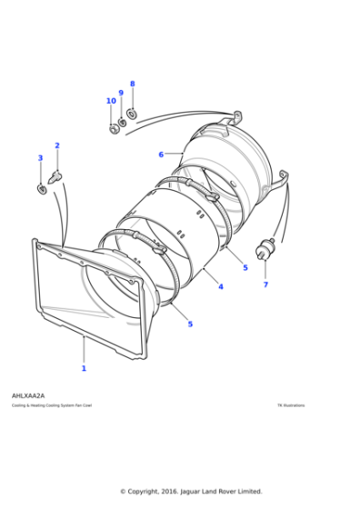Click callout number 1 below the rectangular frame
click(x=84, y=368)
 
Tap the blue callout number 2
click(x=57, y=145)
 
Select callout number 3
click(x=40, y=158)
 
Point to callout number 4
click(x=220, y=286)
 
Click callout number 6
click(x=161, y=155)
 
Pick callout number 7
click(x=265, y=284)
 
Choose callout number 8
click(x=132, y=84)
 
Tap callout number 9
click(x=120, y=93)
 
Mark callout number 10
click(x=111, y=101)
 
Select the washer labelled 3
click(x=42, y=188)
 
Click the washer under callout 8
click(x=133, y=114)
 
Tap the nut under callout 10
click(x=115, y=129)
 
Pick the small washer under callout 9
click(x=123, y=121)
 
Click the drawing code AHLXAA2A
click(x=28, y=396)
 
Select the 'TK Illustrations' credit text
click(x=291, y=405)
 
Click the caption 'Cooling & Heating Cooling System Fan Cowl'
click(x=52, y=405)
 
